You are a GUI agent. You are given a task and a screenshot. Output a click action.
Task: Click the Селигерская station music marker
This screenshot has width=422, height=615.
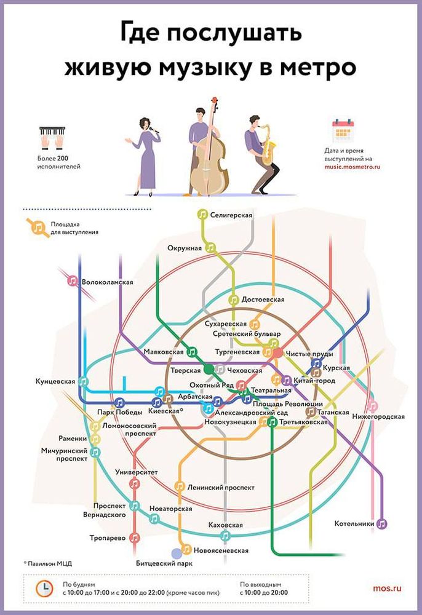pos(202,214)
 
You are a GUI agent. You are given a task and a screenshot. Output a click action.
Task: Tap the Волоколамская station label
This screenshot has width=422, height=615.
pos(108,282)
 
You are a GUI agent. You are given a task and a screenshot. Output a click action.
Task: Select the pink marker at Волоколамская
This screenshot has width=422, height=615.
pos(72,281)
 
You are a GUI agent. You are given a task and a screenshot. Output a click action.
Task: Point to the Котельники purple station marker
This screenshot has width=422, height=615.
pos(381,523)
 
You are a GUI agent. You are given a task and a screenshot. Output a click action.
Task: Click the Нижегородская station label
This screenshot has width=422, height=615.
pos(378,416)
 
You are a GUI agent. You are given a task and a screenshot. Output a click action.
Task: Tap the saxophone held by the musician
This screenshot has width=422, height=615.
pos(268,145)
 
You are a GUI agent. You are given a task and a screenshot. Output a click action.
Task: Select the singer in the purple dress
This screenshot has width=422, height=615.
pos(143,157)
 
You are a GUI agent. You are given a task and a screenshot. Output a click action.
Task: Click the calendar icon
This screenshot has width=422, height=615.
pos(343,130)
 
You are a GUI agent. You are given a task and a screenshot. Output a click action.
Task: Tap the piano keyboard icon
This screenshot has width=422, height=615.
pos(52,137)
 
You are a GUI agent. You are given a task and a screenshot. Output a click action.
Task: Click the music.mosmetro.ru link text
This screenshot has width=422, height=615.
pos(352,167)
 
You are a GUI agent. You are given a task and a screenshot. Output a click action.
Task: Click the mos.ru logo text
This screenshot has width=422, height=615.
pos(387,588)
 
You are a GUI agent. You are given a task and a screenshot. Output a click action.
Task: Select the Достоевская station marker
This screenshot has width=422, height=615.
pos(234,300)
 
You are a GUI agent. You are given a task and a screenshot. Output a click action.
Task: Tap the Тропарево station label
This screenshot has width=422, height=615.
pos(108,538)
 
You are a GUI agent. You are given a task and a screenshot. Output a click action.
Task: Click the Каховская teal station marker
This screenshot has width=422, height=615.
pos(225,536)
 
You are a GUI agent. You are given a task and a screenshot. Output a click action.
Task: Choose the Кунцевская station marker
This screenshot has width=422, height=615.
pos(83,381)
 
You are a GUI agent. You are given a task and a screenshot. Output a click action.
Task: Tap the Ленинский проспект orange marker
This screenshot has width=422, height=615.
pos(179,486)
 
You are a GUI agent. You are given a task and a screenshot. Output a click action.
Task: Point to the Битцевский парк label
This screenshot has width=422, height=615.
pos(164,563)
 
